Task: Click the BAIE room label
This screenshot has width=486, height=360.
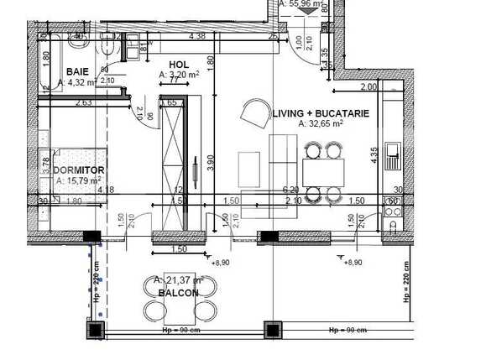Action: [78, 71]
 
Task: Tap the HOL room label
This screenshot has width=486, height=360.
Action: [177, 64]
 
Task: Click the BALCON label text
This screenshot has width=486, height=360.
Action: [178, 293]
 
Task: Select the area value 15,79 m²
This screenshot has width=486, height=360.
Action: [79, 180]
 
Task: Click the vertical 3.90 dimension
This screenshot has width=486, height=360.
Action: [212, 161]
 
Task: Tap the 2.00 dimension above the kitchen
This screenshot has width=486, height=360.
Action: [368, 87]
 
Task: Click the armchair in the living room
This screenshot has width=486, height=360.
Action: [253, 112]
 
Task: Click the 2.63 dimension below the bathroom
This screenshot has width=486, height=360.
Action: [83, 103]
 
